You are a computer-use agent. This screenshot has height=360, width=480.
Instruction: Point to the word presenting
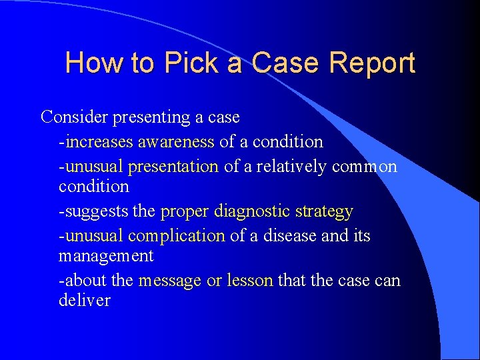pos(152,117)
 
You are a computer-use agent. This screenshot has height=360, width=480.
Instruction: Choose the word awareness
pos(176,142)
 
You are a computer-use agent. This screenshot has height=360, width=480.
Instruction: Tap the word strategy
pos(325,213)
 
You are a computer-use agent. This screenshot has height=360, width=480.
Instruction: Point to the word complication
pos(177,236)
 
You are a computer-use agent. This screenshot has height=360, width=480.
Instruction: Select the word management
pos(106,257)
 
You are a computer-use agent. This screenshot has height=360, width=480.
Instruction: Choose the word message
pos(169,281)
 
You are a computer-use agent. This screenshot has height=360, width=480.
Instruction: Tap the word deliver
pos(85,301)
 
